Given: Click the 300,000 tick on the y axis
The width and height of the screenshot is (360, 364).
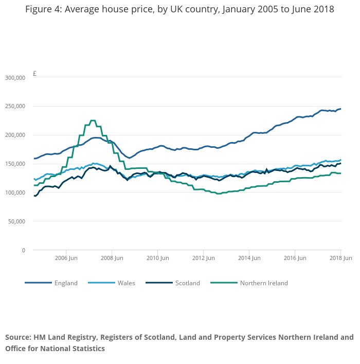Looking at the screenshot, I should (x=15, y=78).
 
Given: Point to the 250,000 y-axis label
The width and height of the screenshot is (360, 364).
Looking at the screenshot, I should (x=15, y=107).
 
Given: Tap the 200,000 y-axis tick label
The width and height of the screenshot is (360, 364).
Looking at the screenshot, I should (x=15, y=135).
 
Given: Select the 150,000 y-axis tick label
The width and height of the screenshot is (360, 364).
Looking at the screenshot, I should (x=15, y=164).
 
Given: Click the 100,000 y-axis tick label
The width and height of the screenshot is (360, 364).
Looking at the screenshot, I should (x=15, y=193).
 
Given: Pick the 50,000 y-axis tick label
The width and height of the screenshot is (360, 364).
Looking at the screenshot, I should (x=16, y=221).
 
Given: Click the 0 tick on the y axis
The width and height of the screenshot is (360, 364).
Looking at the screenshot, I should (x=23, y=250).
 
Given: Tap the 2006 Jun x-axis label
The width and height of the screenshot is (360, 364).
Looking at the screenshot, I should (x=66, y=257).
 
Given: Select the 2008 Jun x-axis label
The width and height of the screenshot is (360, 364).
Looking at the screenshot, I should (x=112, y=257).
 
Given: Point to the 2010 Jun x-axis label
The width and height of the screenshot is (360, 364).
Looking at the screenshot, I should (x=157, y=257).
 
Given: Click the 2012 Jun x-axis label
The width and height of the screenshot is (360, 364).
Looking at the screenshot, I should (x=203, y=257).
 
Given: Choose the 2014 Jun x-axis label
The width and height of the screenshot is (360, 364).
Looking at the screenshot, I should (x=249, y=257).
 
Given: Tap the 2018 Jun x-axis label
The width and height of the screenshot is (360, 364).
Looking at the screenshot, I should (x=340, y=257).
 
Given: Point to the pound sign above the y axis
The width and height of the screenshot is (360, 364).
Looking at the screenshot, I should (x=34, y=74).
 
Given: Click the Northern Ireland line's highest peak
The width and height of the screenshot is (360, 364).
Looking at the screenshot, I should (x=93, y=120).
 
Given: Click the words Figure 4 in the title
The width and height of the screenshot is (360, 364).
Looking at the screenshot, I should (x=43, y=10).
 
